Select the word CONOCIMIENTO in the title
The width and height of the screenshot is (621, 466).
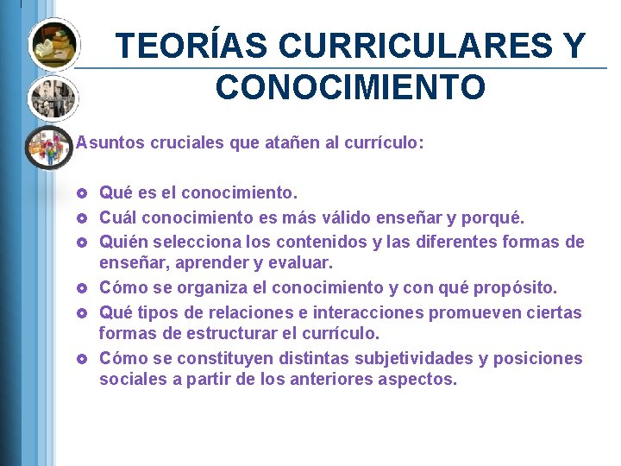[x=350, y=87]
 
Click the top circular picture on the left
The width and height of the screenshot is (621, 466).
[x=53, y=44]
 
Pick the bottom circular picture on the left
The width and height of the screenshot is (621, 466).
[x=49, y=147]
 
